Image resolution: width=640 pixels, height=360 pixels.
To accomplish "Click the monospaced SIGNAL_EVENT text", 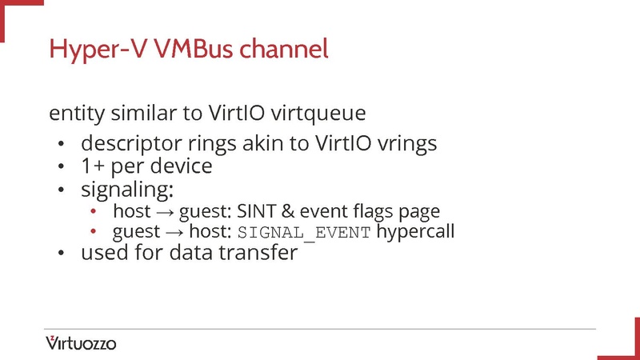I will pos(304,233).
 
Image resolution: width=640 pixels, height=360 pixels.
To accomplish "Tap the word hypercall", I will pos(415,233).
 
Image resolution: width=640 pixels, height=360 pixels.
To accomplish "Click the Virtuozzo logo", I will pos(81,344).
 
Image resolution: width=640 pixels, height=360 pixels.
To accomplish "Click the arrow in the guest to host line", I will pos(172,233).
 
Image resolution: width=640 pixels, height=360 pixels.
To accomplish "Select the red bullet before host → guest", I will pos(94,212).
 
